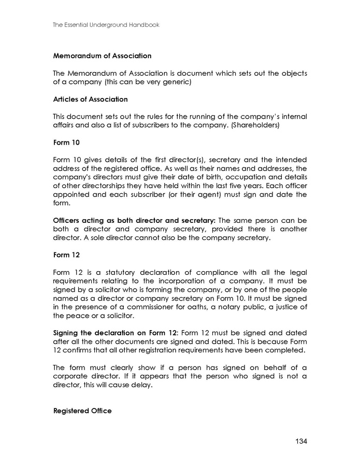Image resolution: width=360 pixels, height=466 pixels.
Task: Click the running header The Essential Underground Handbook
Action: point(106,24)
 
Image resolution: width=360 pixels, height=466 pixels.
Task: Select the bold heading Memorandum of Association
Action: point(103,55)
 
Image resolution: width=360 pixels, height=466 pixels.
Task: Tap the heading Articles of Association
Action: point(91,99)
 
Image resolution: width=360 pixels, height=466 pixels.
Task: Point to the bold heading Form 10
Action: point(66,142)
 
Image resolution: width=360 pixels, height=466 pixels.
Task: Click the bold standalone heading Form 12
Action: point(66,255)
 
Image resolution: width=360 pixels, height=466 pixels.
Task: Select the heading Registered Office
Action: point(82,411)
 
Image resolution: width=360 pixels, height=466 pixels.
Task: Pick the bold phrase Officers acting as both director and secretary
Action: point(135,221)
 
